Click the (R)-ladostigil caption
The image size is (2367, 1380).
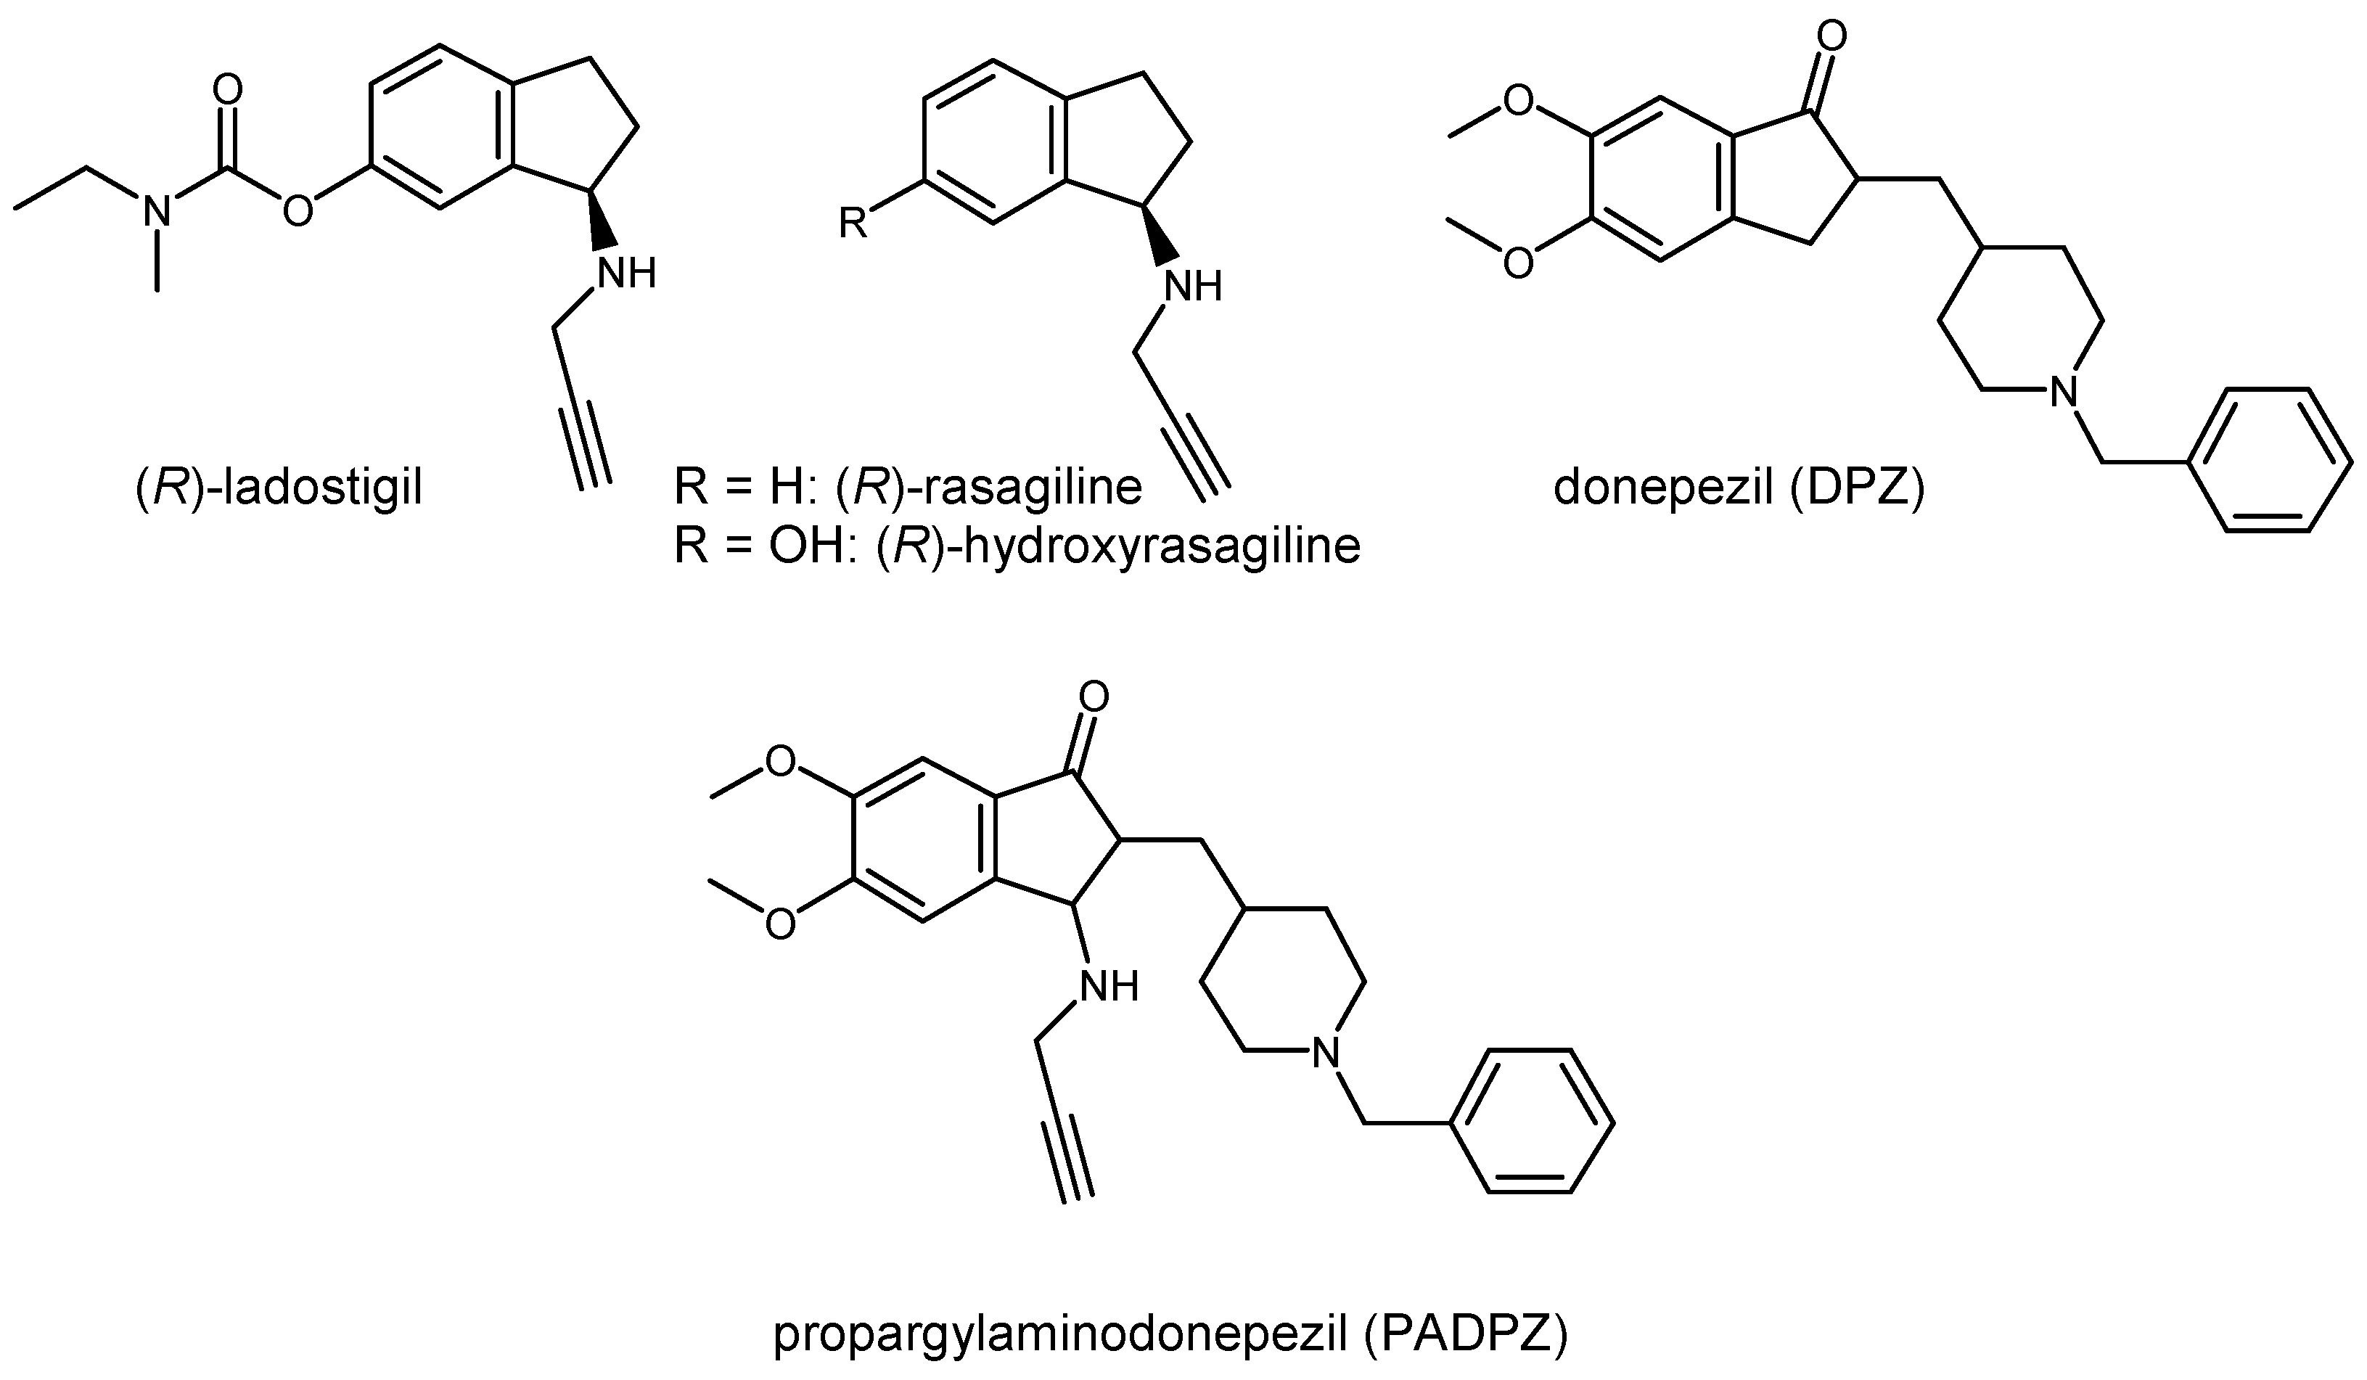[x=279, y=488]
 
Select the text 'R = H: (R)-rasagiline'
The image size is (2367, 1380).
[x=907, y=488]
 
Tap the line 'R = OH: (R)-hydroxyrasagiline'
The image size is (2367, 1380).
[x=1017, y=545]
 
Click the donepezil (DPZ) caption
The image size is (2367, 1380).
[x=1739, y=488]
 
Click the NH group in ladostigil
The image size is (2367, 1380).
[x=626, y=274]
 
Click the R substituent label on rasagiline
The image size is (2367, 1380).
[x=852, y=223]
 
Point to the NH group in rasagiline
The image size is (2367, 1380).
[x=1192, y=287]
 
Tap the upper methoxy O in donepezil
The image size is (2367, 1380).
[x=1518, y=99]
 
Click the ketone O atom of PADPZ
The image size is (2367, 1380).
[x=1094, y=697]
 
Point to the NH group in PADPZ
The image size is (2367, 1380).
[x=1107, y=986]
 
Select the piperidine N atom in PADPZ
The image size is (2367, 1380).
[x=1324, y=1052]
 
